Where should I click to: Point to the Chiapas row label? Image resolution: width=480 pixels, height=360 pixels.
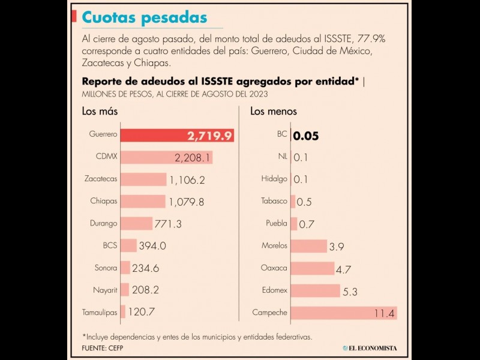[104, 201]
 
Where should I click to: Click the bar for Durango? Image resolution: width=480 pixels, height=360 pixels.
[136, 223]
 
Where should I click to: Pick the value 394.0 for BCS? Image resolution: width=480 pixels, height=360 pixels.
[152, 245]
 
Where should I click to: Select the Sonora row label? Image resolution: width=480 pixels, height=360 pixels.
[106, 268]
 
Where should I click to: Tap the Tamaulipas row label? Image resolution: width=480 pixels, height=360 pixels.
[100, 312]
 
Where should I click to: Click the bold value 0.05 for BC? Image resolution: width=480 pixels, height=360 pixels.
[306, 136]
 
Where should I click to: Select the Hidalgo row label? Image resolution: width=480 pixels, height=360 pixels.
[274, 179]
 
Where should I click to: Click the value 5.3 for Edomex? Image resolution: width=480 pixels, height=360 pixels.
[350, 292]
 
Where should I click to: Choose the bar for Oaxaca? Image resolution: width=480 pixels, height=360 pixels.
[313, 268]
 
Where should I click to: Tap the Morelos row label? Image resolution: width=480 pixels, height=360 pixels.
[274, 245]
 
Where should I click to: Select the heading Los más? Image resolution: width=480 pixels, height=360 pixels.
[100, 111]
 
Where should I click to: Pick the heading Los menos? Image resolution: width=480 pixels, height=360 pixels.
[274, 111]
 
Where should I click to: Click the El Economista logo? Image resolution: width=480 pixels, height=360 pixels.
[370, 347]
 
